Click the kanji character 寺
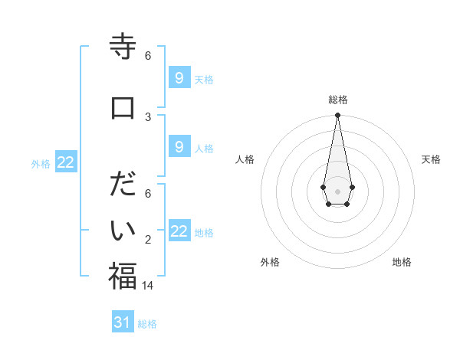(x=123, y=47)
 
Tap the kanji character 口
(x=123, y=107)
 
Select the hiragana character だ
(x=123, y=185)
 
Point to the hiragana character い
(x=123, y=230)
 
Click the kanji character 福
(x=123, y=276)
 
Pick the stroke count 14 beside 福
(x=148, y=285)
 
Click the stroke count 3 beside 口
(x=148, y=116)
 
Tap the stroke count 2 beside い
(x=148, y=240)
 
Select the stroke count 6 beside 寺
(x=148, y=55)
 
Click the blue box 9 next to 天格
(x=179, y=77)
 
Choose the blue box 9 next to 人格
(x=179, y=146)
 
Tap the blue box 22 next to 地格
(x=179, y=231)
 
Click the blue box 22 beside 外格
(x=66, y=162)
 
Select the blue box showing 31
(x=123, y=322)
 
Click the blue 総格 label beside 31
(x=147, y=324)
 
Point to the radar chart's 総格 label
(x=338, y=100)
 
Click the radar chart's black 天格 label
(x=432, y=159)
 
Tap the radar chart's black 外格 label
(x=270, y=262)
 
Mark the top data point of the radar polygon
(x=337, y=116)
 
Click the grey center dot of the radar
(x=337, y=190)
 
